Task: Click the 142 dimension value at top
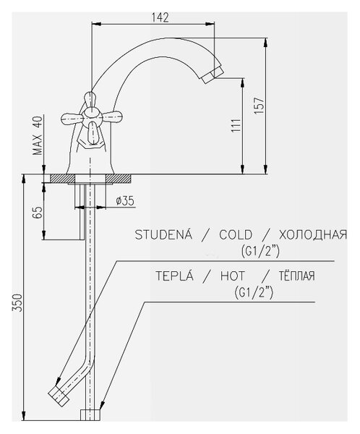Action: coord(160,17)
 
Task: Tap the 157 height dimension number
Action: coord(260,106)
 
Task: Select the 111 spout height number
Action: coord(236,125)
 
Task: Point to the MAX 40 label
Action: coord(38,135)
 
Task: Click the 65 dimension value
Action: coord(38,212)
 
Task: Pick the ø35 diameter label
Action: coord(125,200)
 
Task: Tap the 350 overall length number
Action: coord(17,302)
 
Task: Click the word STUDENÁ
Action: coord(163,234)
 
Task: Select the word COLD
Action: coord(236,234)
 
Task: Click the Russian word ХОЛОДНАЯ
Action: coord(313,234)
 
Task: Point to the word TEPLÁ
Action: coord(174,276)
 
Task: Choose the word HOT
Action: coord(233,276)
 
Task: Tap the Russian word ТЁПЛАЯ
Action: coord(296,276)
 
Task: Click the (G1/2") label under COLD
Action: coord(260,251)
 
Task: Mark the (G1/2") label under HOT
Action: coord(254,292)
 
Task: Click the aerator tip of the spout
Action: coord(213,75)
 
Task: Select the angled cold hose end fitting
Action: coord(59,396)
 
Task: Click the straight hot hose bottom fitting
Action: coord(90,415)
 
